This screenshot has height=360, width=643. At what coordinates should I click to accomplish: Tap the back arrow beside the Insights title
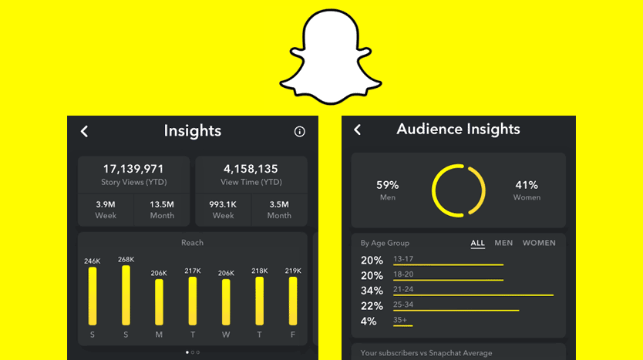85,132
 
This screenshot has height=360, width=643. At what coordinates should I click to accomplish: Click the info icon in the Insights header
300,132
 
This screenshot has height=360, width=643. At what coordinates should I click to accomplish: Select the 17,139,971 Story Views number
133,169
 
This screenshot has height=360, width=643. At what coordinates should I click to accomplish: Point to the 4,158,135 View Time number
251,169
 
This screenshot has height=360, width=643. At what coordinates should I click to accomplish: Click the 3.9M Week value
106,204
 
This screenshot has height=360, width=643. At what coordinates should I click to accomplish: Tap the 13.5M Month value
162,204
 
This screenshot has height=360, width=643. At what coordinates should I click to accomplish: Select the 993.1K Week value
223,204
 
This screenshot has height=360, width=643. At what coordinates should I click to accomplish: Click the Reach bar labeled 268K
126,295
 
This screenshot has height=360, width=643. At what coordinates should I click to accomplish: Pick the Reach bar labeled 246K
93,296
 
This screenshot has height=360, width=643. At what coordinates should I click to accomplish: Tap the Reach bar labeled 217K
192,301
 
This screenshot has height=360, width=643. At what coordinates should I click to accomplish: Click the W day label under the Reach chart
226,335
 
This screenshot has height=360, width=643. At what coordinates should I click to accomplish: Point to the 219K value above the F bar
293,271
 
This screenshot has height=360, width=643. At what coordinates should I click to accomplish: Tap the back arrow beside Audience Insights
357,130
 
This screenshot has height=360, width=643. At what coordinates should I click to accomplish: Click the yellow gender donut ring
458,190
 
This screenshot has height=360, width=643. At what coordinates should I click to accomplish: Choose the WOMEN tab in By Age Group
539,243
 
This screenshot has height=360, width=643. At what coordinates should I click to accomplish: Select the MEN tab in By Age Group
503,243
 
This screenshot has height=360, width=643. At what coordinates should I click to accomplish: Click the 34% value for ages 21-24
372,291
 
